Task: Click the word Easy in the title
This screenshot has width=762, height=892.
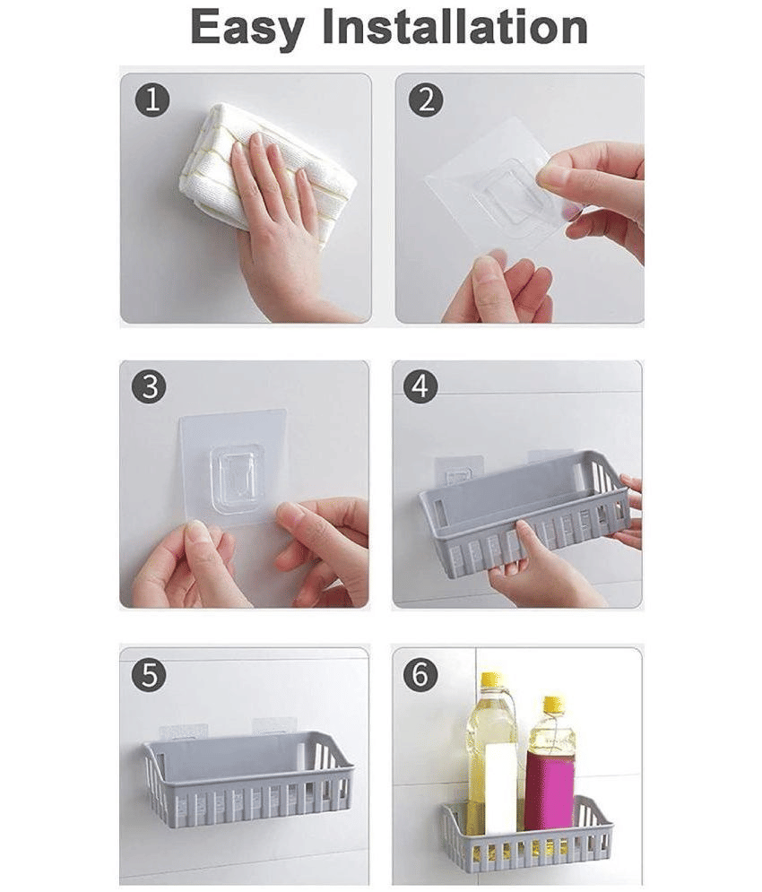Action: click(x=248, y=28)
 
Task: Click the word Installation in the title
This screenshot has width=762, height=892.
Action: click(x=455, y=26)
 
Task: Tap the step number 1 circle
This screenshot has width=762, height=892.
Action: click(x=152, y=100)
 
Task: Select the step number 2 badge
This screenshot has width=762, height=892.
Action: click(x=426, y=100)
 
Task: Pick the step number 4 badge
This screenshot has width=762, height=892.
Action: click(x=420, y=387)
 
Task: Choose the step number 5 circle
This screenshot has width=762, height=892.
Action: click(x=149, y=676)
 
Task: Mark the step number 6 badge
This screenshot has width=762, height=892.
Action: click(x=420, y=675)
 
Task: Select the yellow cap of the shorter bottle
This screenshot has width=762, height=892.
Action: click(x=552, y=706)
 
